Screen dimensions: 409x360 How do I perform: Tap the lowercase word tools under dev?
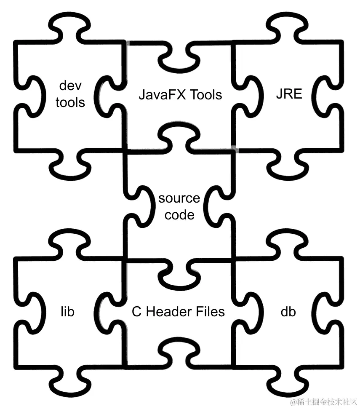click(x=70, y=102)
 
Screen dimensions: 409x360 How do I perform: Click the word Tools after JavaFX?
click(x=205, y=94)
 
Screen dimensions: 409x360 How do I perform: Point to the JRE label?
click(x=289, y=94)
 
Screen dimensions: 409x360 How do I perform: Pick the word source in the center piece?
click(x=179, y=198)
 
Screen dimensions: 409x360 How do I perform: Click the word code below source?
click(x=179, y=215)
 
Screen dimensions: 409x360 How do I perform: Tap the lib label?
click(x=67, y=312)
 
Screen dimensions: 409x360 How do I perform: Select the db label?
click(x=288, y=312)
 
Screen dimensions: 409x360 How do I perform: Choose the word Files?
click(x=210, y=312)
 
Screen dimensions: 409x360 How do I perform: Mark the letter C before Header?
click(x=136, y=312)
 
